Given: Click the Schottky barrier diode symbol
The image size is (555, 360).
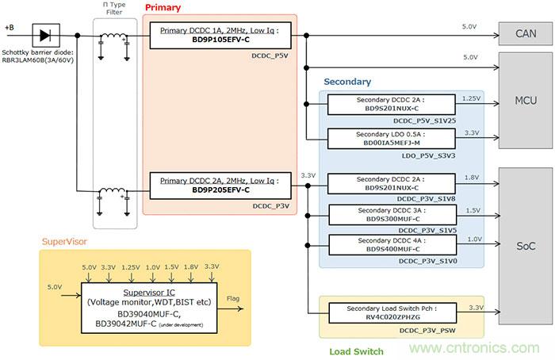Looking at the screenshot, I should (44, 35).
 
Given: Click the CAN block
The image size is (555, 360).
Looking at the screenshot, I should (524, 35).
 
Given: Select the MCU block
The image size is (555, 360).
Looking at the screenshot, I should (524, 101).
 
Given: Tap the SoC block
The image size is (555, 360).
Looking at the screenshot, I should (524, 247).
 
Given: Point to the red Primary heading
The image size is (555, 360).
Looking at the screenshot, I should (163, 8).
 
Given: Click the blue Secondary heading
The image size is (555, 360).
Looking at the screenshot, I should (346, 82).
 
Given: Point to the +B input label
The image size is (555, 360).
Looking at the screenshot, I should (9, 28).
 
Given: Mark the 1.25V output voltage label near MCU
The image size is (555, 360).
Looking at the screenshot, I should (470, 98).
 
